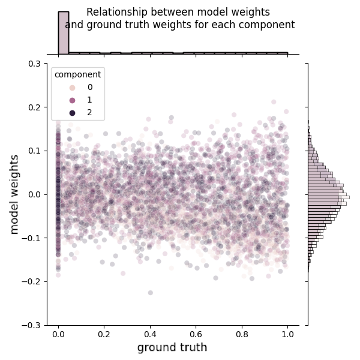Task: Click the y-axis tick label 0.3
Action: point(35,64)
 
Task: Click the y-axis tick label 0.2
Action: point(35,107)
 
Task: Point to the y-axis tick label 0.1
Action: point(35,151)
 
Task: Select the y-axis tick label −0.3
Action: point(32,325)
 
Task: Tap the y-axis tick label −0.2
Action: point(32,281)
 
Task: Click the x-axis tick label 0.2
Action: point(104,335)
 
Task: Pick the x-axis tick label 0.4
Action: point(150,335)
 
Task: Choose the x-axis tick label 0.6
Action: point(196,335)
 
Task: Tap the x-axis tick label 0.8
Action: point(242,335)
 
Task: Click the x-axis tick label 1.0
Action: point(288,335)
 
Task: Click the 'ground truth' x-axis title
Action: point(172,348)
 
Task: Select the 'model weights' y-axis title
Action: point(15,194)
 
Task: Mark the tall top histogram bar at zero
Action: point(63,33)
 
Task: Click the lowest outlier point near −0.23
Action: point(150,293)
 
